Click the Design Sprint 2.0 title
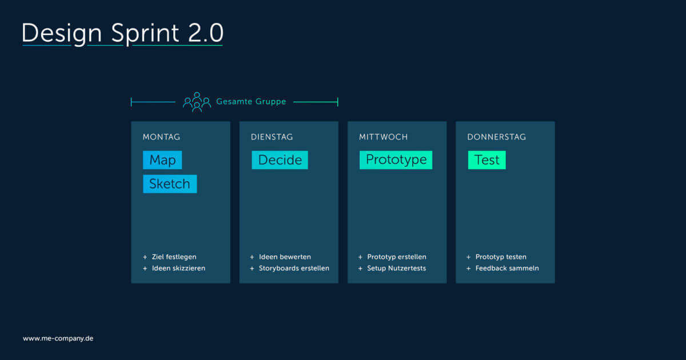(122, 34)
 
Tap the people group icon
(197, 102)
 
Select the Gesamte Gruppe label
(250, 102)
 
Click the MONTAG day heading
(161, 137)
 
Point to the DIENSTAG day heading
(272, 137)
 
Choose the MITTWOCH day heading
(383, 137)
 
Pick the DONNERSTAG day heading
(496, 137)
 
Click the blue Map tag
(162, 160)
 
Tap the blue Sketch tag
(170, 184)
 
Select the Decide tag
(280, 160)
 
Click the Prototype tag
(396, 160)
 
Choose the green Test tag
(486, 160)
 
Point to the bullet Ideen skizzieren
(178, 268)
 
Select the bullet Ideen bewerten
(285, 257)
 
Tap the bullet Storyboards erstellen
(294, 268)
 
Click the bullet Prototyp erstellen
(396, 257)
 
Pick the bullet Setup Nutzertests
(396, 268)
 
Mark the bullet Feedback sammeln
(506, 268)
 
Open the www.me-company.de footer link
(58, 338)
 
